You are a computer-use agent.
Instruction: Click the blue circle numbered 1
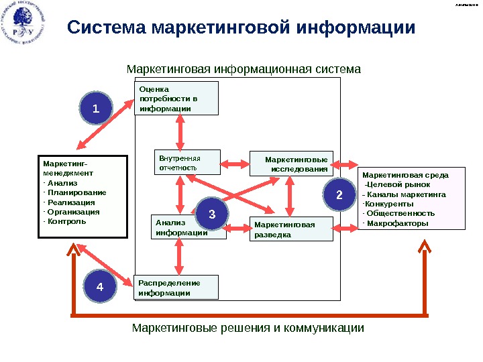95,109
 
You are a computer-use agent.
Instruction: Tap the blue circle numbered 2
339,196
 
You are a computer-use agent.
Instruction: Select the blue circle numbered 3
211,215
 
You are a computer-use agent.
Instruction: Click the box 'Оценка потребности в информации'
177,98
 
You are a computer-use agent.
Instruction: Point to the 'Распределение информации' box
176,287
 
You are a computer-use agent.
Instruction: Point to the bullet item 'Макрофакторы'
395,223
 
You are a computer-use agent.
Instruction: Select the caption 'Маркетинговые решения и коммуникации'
248,328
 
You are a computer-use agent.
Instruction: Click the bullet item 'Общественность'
400,213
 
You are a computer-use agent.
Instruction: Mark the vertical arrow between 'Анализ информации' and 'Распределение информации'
179,257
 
